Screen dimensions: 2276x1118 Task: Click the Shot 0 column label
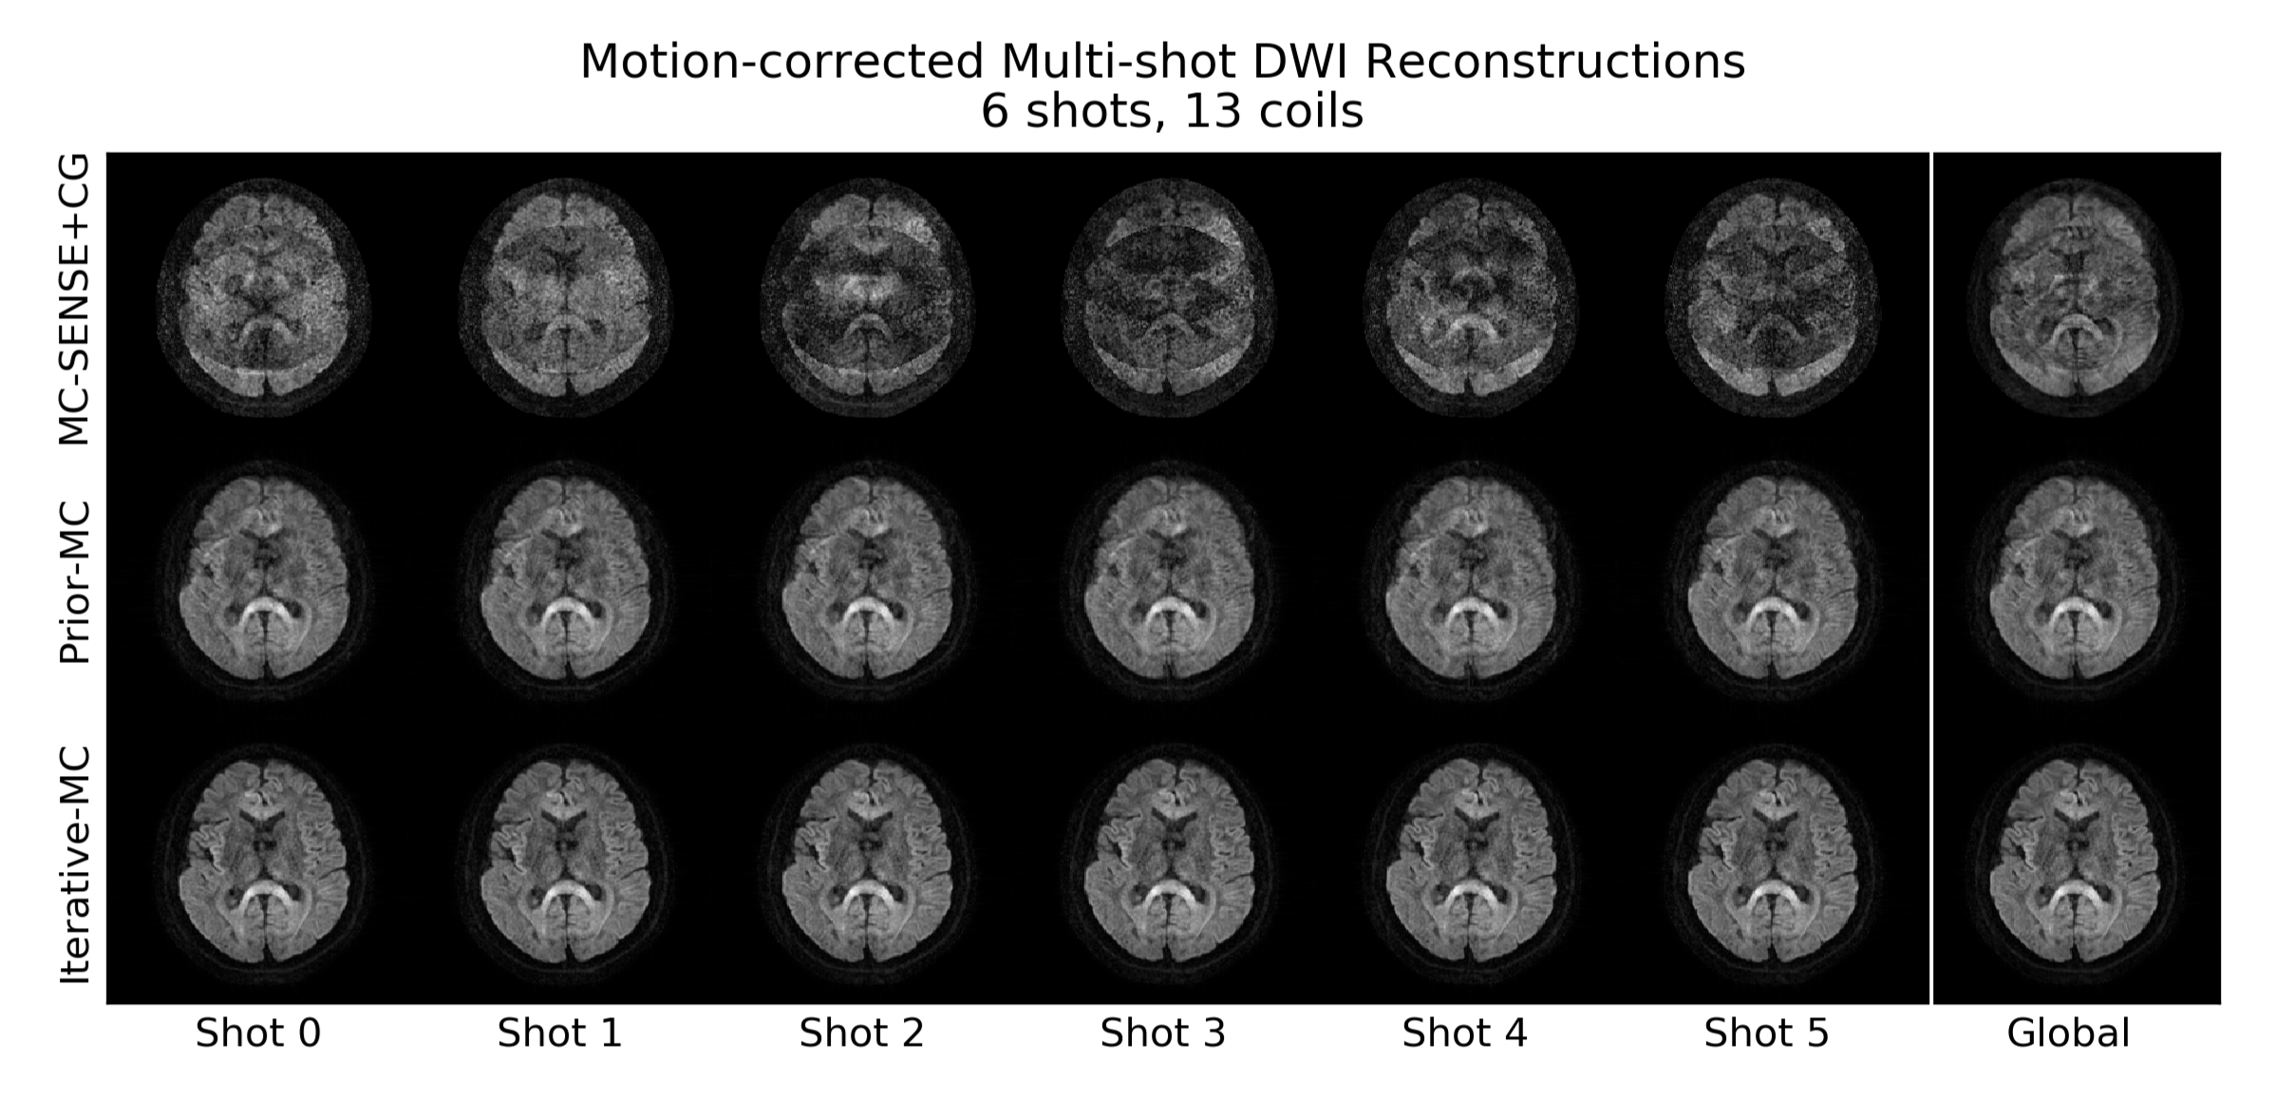tap(258, 1033)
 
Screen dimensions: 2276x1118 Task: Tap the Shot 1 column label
tap(559, 1033)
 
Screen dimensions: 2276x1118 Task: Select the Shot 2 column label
tap(861, 1033)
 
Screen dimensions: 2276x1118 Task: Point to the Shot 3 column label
tap(1162, 1033)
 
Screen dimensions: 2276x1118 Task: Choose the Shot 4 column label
tap(1464, 1033)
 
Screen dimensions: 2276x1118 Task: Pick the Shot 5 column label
tap(1766, 1033)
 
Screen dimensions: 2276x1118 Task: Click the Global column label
tap(2068, 1033)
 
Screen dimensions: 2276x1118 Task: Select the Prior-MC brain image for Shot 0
tap(264, 580)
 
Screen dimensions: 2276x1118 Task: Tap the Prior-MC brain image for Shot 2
tap(867, 580)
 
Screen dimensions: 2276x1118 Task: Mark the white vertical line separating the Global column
tap(1931, 578)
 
